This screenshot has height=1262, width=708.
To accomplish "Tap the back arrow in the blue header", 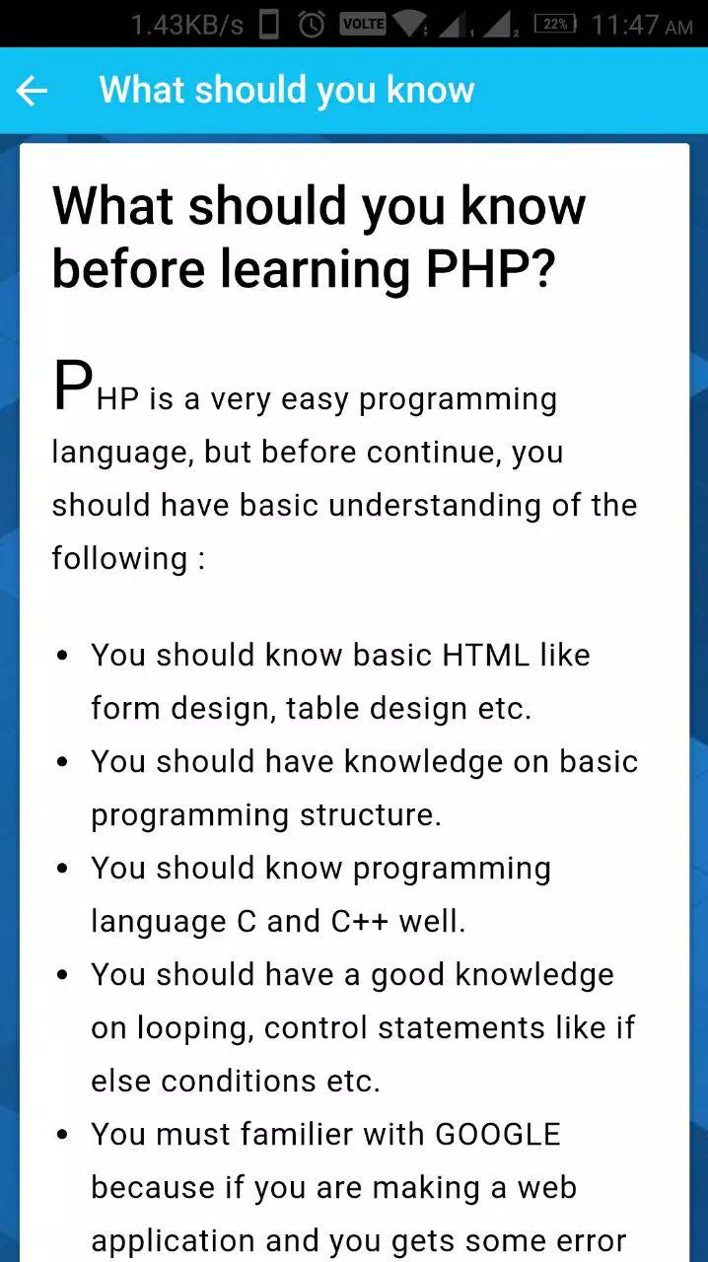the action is pyautogui.click(x=32, y=91).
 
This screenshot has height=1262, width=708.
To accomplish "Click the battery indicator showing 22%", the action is pyautogui.click(x=556, y=25).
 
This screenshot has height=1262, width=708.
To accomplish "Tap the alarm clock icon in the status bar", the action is pyautogui.click(x=312, y=25).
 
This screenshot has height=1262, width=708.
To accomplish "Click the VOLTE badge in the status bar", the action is pyautogui.click(x=363, y=24).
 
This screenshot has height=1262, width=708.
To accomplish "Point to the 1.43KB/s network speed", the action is pyautogui.click(x=187, y=26).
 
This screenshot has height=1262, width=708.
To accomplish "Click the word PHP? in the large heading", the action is pyautogui.click(x=490, y=268).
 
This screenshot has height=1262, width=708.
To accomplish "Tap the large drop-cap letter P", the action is pyautogui.click(x=73, y=385).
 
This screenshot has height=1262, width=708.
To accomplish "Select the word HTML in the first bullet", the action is pyautogui.click(x=486, y=656).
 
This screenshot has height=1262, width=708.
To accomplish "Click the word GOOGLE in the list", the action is pyautogui.click(x=498, y=1134).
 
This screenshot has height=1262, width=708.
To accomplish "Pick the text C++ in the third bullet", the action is pyautogui.click(x=360, y=922).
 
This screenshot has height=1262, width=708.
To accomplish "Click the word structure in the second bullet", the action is pyautogui.click(x=371, y=815).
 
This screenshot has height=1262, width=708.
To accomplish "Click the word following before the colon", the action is pyautogui.click(x=119, y=559).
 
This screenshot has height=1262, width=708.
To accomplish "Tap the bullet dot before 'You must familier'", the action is pyautogui.click(x=62, y=1134).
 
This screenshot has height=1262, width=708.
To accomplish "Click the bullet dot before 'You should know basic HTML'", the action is pyautogui.click(x=62, y=656).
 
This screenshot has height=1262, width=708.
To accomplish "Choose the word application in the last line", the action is pyautogui.click(x=173, y=1241).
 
